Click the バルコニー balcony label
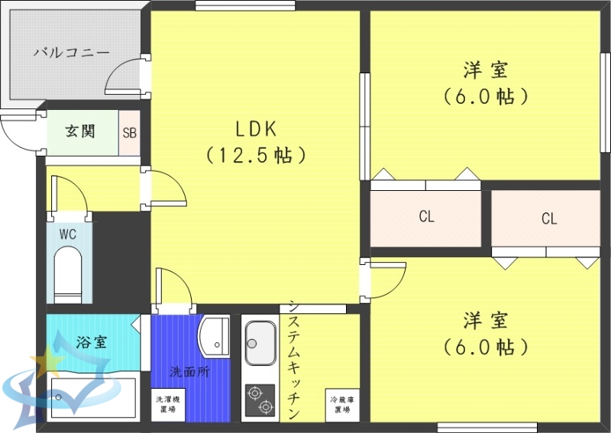(72, 53)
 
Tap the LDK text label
(255, 128)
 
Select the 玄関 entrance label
(79, 131)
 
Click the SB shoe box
(129, 133)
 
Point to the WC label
(67, 234)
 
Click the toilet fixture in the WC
(67, 275)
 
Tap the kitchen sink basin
(260, 343)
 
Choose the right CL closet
(549, 219)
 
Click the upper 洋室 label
(486, 71)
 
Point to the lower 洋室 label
(486, 320)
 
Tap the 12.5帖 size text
(255, 156)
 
